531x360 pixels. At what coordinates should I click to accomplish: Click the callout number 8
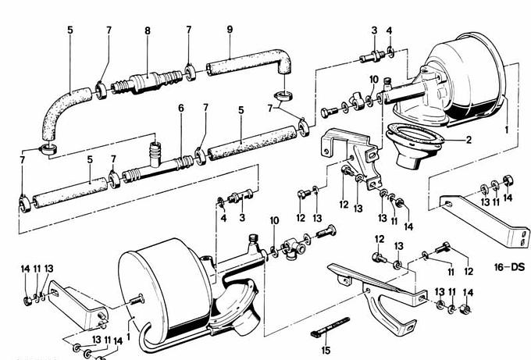click(148, 30)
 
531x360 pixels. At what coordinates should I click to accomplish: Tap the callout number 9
click(230, 30)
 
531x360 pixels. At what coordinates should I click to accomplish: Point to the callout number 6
click(181, 108)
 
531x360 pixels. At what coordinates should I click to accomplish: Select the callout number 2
click(469, 140)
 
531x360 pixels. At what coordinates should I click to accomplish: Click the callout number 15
click(326, 350)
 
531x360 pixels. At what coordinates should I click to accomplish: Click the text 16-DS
click(509, 267)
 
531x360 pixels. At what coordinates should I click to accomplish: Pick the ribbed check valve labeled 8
click(147, 82)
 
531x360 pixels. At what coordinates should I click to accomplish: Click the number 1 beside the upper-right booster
click(507, 130)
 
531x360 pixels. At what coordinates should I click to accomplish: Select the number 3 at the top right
click(374, 30)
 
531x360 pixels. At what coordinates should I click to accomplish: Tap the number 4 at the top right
click(389, 30)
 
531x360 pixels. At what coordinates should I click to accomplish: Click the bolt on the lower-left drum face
click(137, 300)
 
